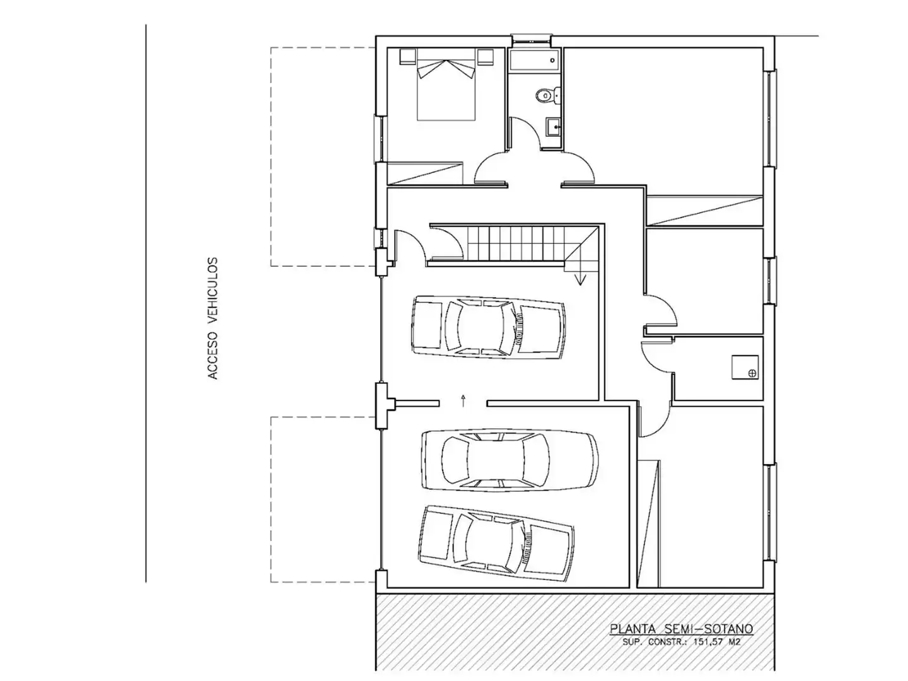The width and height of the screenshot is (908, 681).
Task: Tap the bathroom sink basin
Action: coord(552,127)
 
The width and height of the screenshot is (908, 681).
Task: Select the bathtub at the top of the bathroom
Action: coord(533,61)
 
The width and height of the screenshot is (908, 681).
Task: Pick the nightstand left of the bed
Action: coord(407,57)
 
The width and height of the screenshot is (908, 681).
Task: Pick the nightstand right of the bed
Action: coord(485,57)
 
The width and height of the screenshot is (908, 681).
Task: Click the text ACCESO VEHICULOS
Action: coord(212,318)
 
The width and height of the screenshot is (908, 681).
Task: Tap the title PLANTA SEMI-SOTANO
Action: coord(681,629)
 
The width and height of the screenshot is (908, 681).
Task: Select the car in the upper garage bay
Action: coord(488,327)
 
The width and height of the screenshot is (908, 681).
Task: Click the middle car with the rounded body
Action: coord(509,460)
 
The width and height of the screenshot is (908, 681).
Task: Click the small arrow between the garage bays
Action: coord(463,400)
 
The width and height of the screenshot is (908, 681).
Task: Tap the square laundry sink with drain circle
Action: coord(745,367)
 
